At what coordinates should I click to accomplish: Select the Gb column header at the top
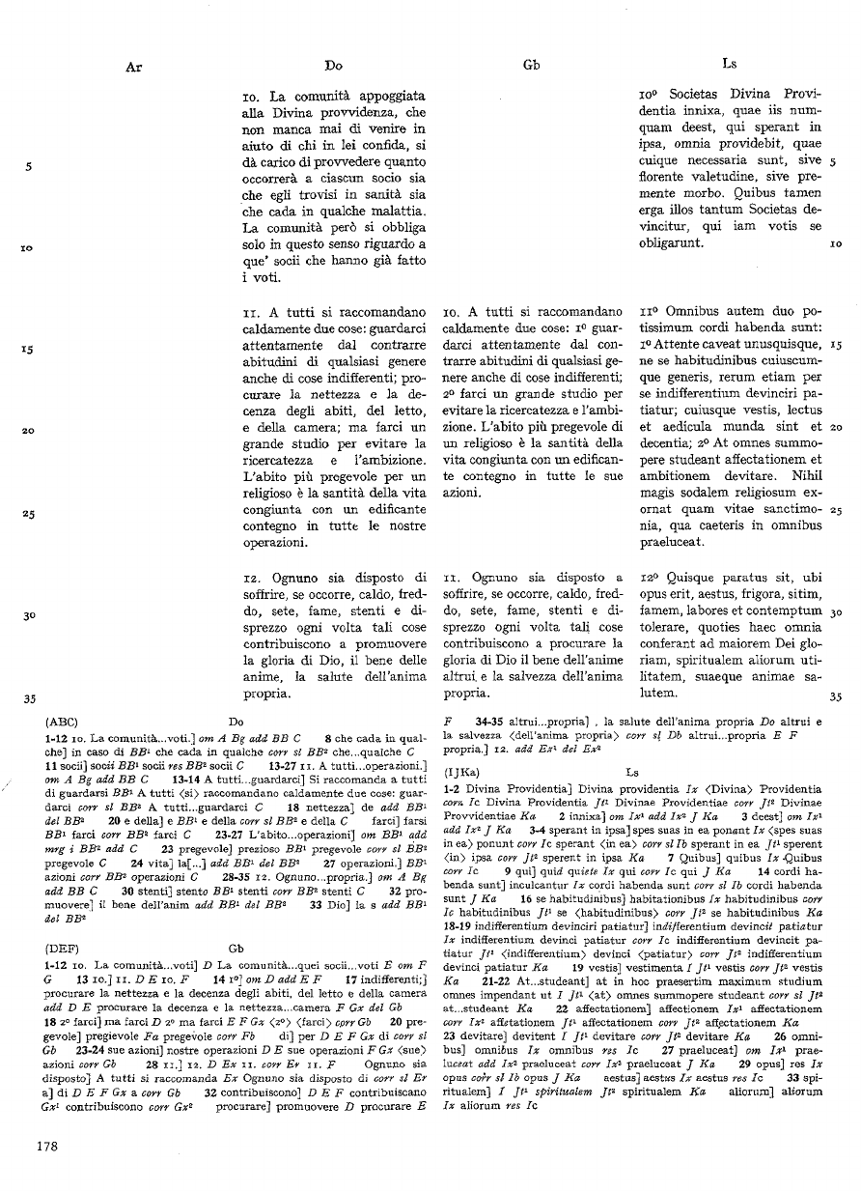click(531, 66)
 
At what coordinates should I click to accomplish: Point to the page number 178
click(46, 1147)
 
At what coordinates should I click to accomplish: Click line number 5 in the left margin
click(31, 165)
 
